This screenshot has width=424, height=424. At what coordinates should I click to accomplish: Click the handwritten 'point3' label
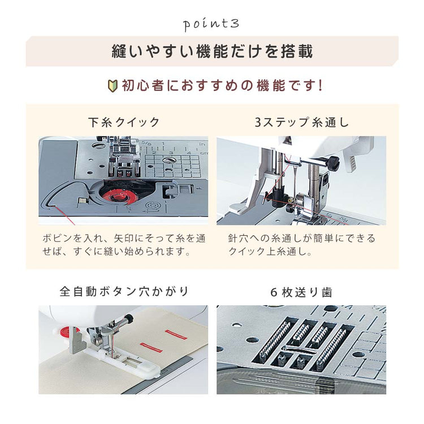(211, 25)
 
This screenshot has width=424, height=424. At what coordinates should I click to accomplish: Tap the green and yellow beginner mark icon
(113, 86)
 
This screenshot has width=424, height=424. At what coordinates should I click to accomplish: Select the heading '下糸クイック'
(124, 122)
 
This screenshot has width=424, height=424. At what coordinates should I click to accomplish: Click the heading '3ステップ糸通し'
(302, 122)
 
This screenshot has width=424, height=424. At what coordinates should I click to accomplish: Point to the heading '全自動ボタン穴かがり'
(124, 292)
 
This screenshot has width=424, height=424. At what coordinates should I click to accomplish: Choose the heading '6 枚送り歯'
(301, 292)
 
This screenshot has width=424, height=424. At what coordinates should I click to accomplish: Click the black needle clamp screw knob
(334, 162)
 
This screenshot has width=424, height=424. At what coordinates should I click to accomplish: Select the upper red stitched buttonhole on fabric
(176, 335)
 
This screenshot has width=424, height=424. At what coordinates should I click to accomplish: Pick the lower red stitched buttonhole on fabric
(152, 348)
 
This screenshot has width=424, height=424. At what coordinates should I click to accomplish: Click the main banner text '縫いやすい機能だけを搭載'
(212, 51)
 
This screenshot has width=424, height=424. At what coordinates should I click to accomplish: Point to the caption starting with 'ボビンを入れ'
(124, 245)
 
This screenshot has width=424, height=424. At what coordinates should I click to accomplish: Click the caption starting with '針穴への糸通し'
(302, 245)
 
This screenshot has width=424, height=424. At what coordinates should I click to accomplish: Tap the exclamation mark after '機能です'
(321, 86)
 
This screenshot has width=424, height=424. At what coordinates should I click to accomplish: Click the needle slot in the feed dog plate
(298, 350)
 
